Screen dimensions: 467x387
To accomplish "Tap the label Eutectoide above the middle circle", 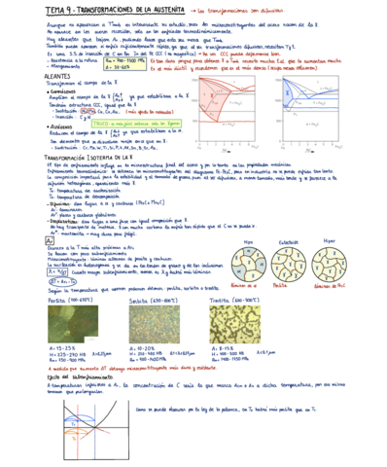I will [288, 241].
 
